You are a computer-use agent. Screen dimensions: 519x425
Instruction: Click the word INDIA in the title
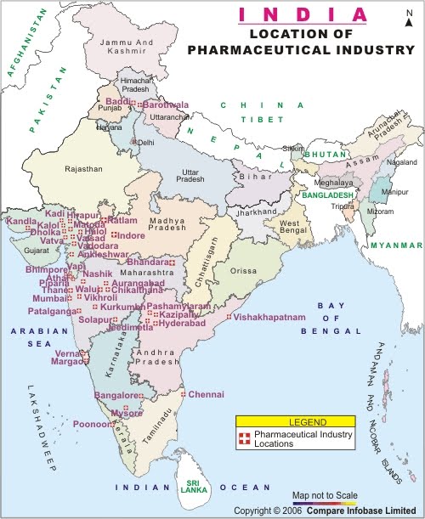click(x=303, y=14)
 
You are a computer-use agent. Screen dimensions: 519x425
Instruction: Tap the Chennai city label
click(x=207, y=394)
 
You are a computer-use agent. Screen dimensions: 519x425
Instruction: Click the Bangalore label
click(x=116, y=396)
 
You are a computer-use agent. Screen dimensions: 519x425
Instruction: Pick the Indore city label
click(x=131, y=234)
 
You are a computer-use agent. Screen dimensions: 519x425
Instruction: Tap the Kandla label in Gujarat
click(x=21, y=221)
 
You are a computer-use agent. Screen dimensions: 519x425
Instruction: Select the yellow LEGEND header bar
click(x=295, y=421)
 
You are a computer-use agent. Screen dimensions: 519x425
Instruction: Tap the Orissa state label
click(x=242, y=270)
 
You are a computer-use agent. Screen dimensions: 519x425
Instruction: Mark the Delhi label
click(x=146, y=142)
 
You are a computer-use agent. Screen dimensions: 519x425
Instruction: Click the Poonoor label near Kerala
click(x=92, y=423)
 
